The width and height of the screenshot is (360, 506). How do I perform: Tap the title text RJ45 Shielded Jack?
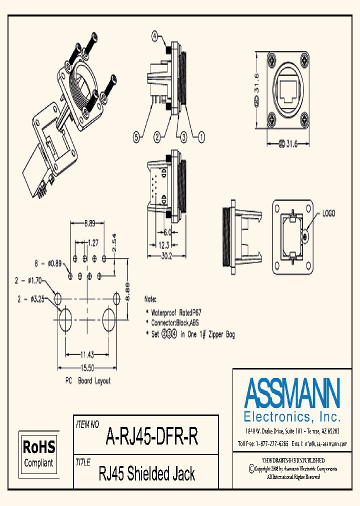(x=147, y=473)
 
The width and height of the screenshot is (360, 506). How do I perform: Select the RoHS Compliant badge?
(x=38, y=452)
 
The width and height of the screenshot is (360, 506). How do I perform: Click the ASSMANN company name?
(x=292, y=393)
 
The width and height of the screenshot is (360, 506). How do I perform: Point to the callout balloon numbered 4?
(x=155, y=36)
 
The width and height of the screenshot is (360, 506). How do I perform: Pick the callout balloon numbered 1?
(x=201, y=135)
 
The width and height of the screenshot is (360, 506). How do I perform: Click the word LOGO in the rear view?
(x=328, y=213)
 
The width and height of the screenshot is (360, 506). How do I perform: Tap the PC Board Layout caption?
(x=88, y=380)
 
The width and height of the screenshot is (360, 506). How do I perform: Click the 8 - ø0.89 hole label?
(x=47, y=262)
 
